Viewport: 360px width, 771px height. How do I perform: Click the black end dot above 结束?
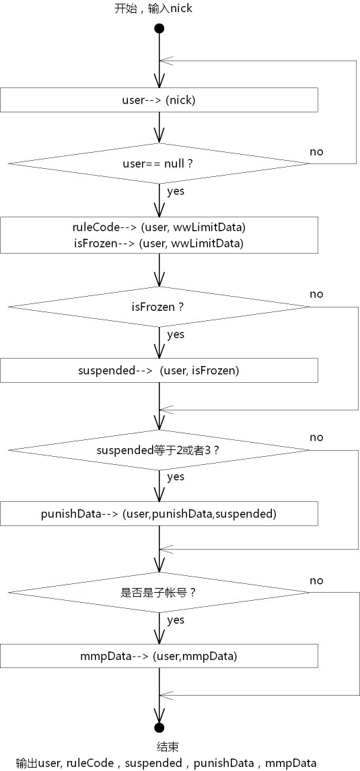pos(159,727)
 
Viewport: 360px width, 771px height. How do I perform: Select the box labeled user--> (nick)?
pos(159,100)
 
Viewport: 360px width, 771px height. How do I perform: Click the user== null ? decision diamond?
pos(159,163)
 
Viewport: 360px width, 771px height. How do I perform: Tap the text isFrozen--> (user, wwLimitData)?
pos(159,244)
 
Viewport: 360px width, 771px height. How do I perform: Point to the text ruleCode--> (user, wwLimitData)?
pos(159,227)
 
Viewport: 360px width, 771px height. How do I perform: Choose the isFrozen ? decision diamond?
pos(159,307)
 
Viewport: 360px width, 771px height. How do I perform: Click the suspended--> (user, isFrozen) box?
pos(159,370)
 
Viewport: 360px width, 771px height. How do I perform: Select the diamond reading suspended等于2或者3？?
pos(159,449)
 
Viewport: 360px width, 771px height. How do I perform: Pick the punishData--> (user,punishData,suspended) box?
pos(159,514)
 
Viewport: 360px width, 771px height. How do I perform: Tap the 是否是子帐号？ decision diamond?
pos(159,593)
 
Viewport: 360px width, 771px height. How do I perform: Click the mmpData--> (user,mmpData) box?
pos(159,656)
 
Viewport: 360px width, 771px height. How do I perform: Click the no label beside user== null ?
pos(317,151)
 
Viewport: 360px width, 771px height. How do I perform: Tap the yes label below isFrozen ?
pos(176,335)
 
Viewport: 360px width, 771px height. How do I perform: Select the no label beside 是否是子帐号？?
pos(317,581)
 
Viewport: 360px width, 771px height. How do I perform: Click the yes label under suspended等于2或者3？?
pos(176,477)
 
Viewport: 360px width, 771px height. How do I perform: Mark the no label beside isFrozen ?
pos(317,294)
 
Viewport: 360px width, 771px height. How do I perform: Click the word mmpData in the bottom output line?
pos(291,763)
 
